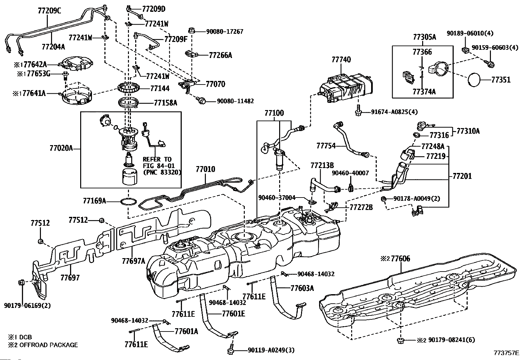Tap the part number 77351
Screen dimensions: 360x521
tap(501, 80)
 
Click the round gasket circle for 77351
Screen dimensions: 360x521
tap(475, 80)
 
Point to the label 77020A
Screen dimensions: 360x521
tap(61, 148)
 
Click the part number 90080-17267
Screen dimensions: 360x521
tap(225, 31)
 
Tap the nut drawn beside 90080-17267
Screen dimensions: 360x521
tap(193, 31)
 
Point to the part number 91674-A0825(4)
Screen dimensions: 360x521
tap(394, 112)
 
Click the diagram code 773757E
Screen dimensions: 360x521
tap(506, 353)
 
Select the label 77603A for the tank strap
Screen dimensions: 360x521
tap(302, 288)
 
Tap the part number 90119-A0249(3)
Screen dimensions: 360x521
tap(267, 350)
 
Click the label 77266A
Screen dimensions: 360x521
tap(220, 55)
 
